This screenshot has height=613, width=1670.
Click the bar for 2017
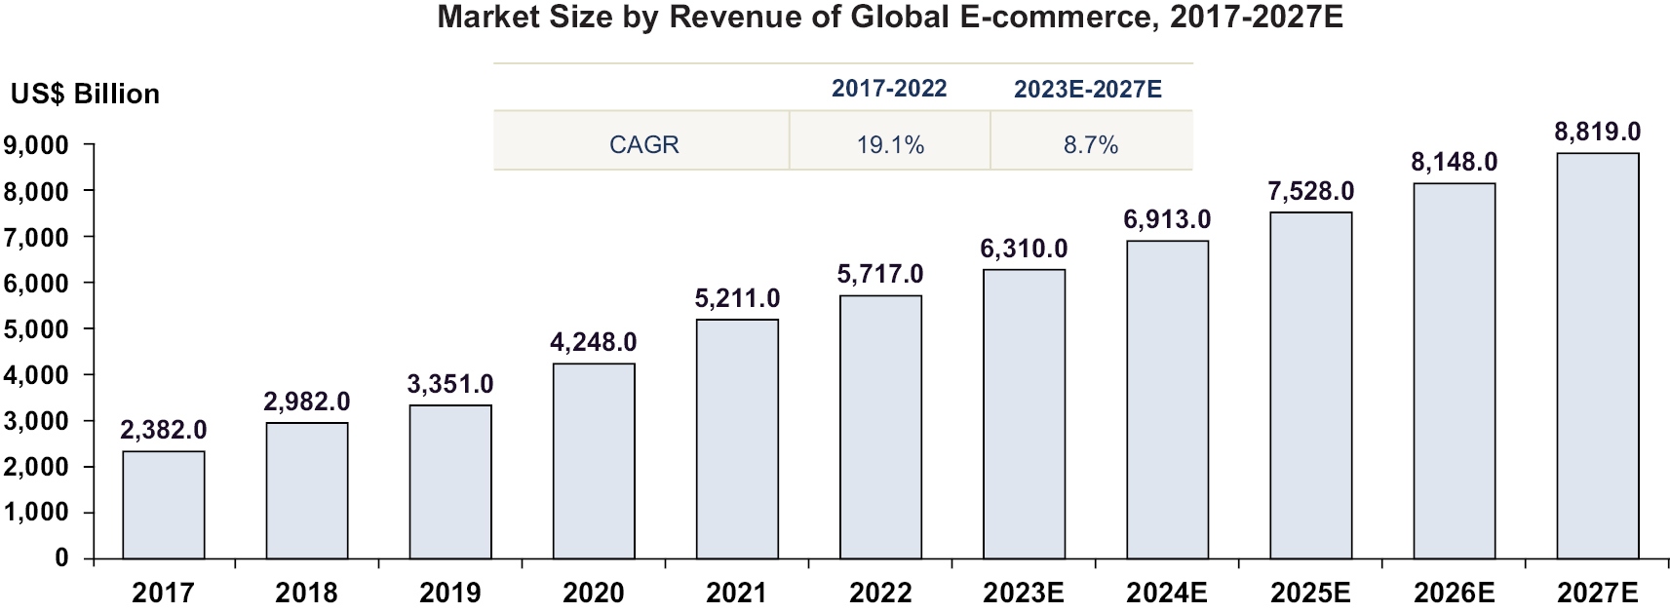[x=164, y=505]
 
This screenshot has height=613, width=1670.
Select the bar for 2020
[x=594, y=461]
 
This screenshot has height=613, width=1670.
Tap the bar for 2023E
[x=1024, y=414]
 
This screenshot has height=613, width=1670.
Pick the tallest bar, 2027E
[x=1597, y=356]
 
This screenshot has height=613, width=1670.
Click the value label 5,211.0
[x=737, y=299]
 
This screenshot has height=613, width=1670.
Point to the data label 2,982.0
[x=307, y=402]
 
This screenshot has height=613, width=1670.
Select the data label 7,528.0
[x=1310, y=192]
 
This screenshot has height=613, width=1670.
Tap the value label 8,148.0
[x=1454, y=163]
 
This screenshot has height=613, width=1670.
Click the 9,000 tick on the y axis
[x=36, y=146]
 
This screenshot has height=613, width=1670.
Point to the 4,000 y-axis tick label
[x=36, y=375]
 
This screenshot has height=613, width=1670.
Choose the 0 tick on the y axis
[x=61, y=558]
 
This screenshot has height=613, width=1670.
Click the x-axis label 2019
[x=449, y=593]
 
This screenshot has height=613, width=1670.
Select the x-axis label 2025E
[x=1310, y=593]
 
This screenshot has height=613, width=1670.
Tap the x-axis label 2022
[x=880, y=593]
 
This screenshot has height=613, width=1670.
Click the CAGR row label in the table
[x=643, y=145]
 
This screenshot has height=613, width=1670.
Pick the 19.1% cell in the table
[x=890, y=145]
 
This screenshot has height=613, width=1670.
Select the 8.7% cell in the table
[x=1091, y=145]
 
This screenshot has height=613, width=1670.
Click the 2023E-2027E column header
[x=1088, y=90]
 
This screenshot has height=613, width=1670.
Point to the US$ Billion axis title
[x=85, y=95]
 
